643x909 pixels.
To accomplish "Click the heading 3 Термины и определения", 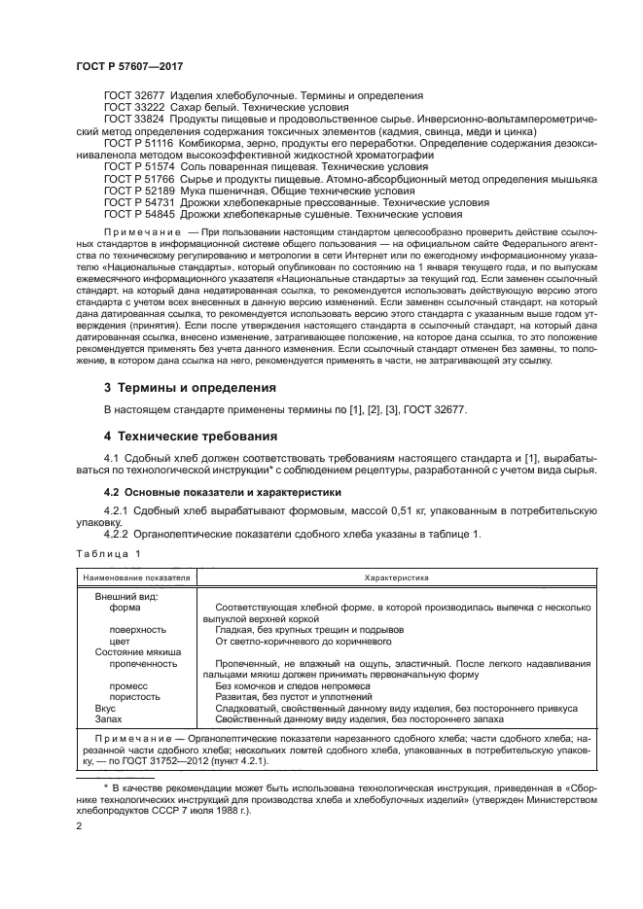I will pyautogui.click(x=190, y=387).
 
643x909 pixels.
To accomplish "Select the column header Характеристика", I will pyautogui.click(x=399, y=577).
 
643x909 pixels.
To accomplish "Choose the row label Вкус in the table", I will pyautogui.click(x=105, y=709).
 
